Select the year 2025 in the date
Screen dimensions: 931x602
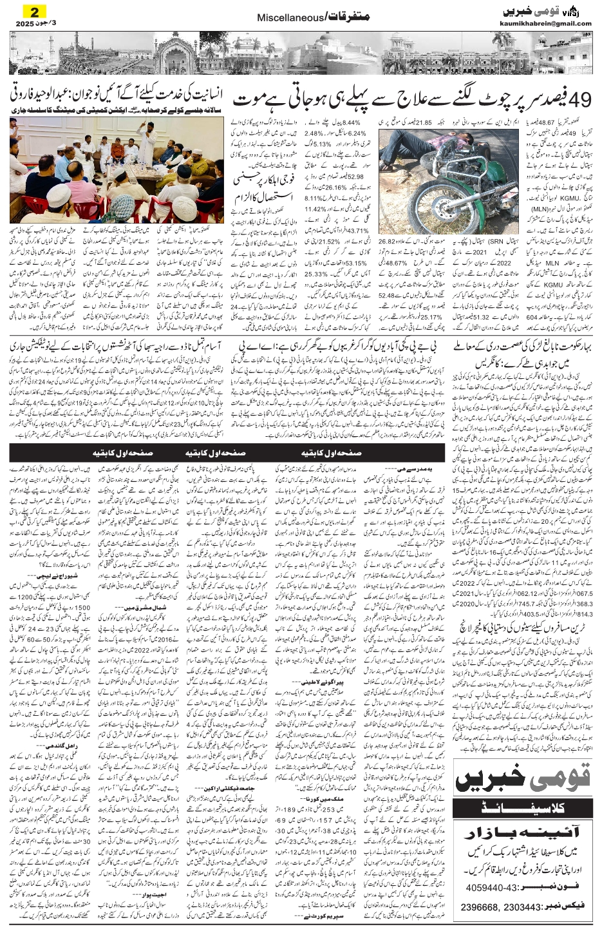[21, 24]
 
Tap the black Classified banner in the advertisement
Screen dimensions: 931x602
[522, 804]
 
